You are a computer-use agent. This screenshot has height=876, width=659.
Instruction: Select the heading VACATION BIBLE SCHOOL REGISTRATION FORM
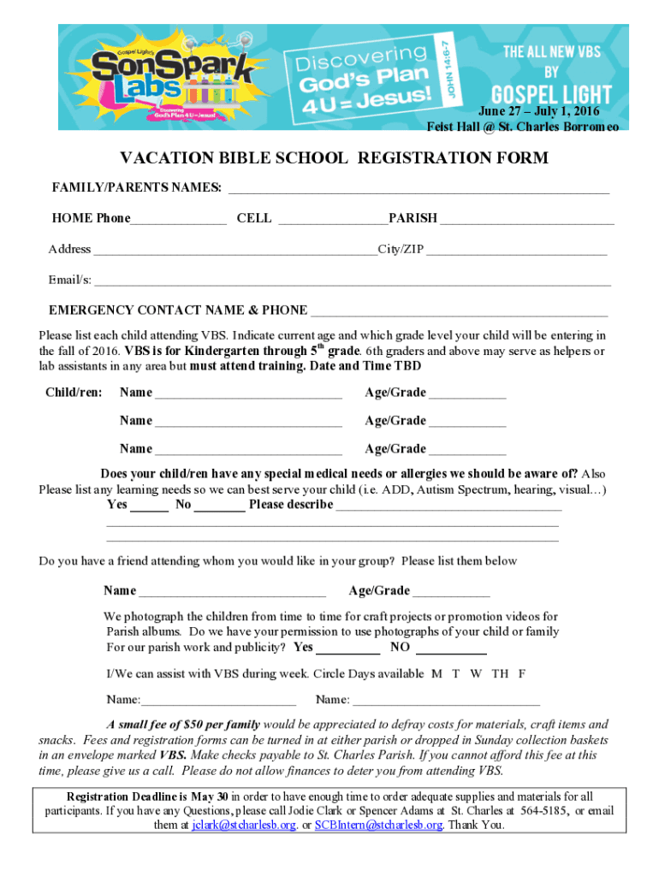(x=334, y=158)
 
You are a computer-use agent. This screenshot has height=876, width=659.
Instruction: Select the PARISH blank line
(x=526, y=221)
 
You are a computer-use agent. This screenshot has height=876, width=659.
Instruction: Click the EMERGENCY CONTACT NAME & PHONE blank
(x=459, y=312)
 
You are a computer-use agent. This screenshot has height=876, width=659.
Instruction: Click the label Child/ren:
(x=74, y=393)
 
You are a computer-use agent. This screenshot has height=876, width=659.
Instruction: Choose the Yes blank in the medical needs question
(x=150, y=506)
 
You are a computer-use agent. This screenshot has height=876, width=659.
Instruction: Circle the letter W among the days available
(x=476, y=673)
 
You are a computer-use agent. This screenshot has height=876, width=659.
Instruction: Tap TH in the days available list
(x=500, y=673)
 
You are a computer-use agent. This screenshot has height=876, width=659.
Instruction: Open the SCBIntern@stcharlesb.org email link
(x=378, y=826)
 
